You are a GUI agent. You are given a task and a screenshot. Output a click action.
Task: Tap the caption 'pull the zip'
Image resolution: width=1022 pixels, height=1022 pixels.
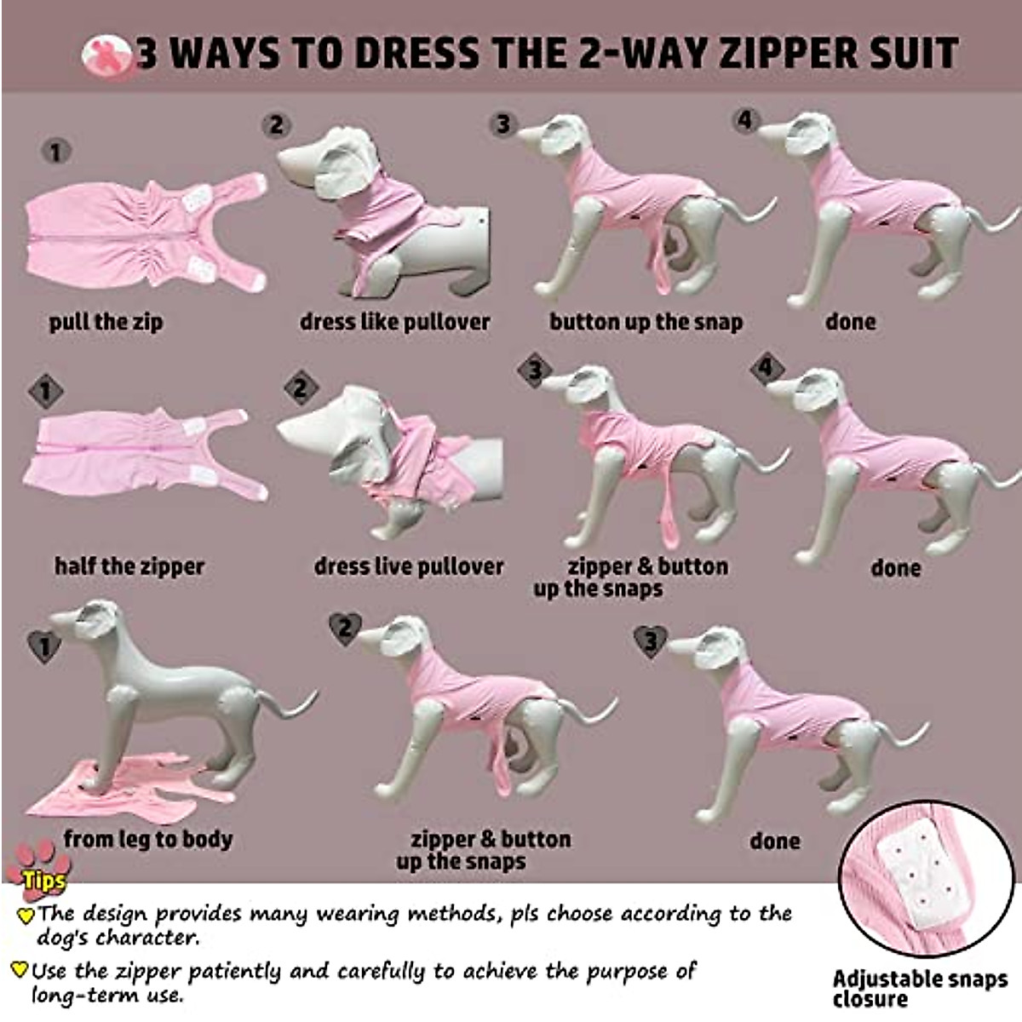coord(106,322)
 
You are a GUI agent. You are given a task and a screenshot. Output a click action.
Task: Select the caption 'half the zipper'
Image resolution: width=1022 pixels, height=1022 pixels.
coord(129,566)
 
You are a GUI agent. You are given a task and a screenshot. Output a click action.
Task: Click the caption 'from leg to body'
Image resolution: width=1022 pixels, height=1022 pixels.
coord(147,839)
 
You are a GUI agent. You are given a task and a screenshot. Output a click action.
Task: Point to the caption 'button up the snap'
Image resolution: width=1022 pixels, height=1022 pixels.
coord(646,322)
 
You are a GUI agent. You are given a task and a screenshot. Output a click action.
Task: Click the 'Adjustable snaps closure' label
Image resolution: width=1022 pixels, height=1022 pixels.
coord(920,988)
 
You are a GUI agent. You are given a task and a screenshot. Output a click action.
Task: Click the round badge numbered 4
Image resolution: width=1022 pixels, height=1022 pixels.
coord(746,121)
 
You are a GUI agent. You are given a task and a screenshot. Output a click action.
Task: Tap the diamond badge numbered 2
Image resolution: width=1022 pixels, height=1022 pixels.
coord(300,389)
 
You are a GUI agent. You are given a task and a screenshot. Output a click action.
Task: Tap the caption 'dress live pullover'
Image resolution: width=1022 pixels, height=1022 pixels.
coord(409,566)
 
